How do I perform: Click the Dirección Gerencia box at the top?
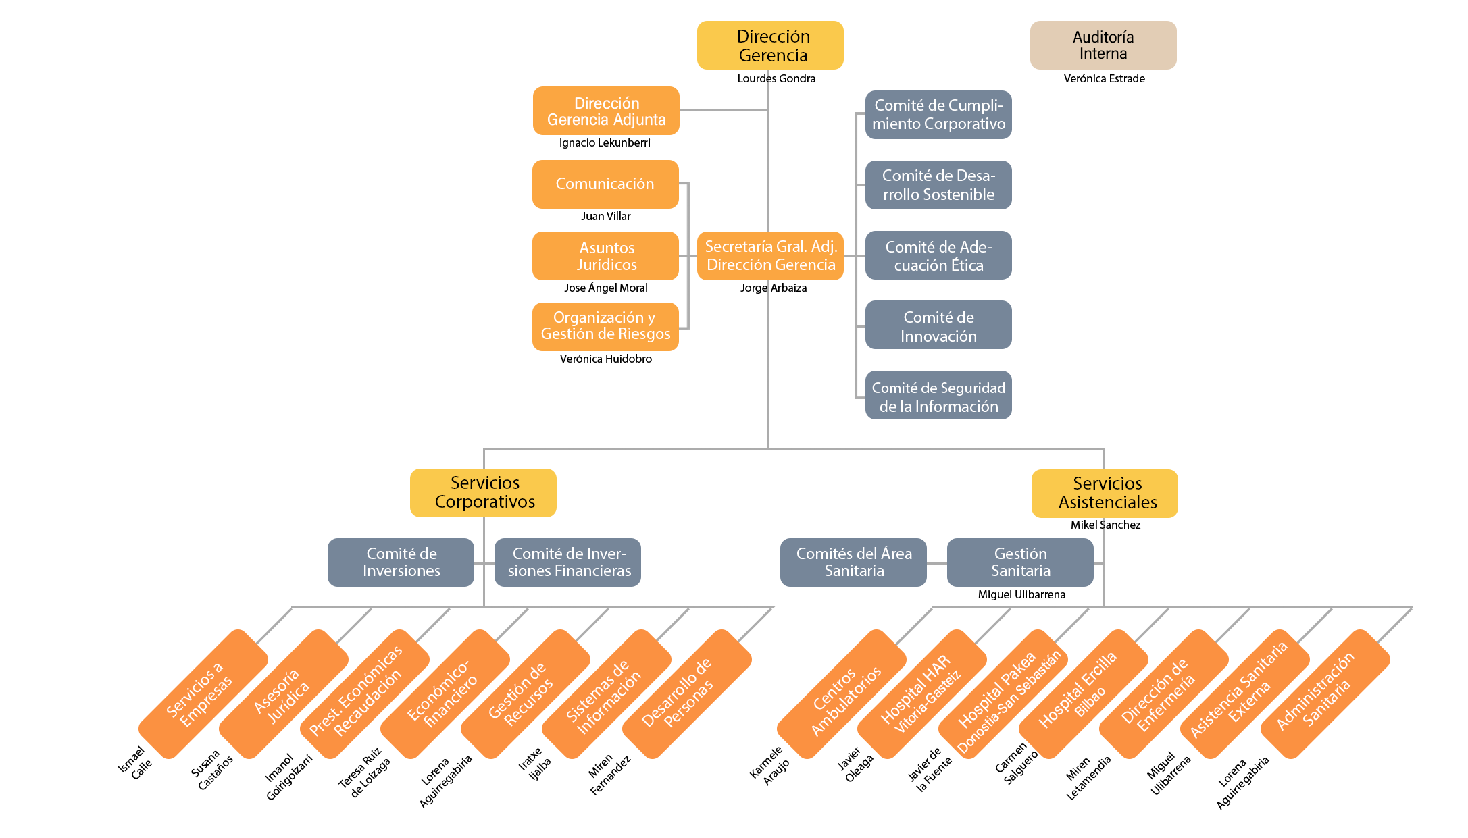click(x=770, y=45)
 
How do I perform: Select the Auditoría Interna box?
click(x=1103, y=45)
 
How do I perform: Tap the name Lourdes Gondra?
click(x=776, y=78)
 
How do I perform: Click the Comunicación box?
click(x=605, y=184)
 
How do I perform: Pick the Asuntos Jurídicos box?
click(x=605, y=256)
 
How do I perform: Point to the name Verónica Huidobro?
click(x=606, y=359)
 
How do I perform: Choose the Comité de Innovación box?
click(x=938, y=325)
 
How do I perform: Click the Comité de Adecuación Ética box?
click(x=938, y=255)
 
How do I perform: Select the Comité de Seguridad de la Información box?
click(x=938, y=395)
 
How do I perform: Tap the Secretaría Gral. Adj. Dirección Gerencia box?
click(x=770, y=256)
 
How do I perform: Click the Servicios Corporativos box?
click(x=483, y=493)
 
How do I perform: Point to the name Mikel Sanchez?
click(x=1105, y=525)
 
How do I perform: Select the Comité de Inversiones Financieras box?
click(x=567, y=562)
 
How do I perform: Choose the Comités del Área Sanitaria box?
click(x=853, y=562)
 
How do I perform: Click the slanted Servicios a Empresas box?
click(x=203, y=694)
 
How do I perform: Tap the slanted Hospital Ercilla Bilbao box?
click(x=1084, y=694)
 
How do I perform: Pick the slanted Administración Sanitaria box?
click(x=1325, y=694)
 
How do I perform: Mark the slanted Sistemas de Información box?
click(x=607, y=694)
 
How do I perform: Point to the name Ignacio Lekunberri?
click(x=605, y=142)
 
